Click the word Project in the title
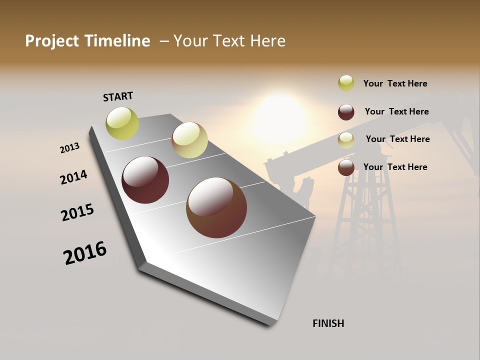click(x=51, y=41)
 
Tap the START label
click(x=118, y=96)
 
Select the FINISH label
click(x=328, y=323)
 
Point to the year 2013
click(x=69, y=148)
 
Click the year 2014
click(x=73, y=177)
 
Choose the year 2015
click(x=77, y=213)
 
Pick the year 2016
click(x=85, y=253)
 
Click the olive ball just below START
click(x=122, y=123)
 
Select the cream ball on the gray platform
click(x=189, y=140)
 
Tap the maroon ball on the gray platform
click(x=145, y=180)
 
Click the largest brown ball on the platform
click(x=216, y=207)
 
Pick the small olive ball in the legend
click(x=346, y=83)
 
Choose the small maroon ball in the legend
click(x=346, y=111)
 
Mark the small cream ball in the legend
click(x=346, y=140)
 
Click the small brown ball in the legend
click(x=346, y=167)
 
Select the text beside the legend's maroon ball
click(x=396, y=111)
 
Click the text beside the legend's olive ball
click(x=395, y=83)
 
